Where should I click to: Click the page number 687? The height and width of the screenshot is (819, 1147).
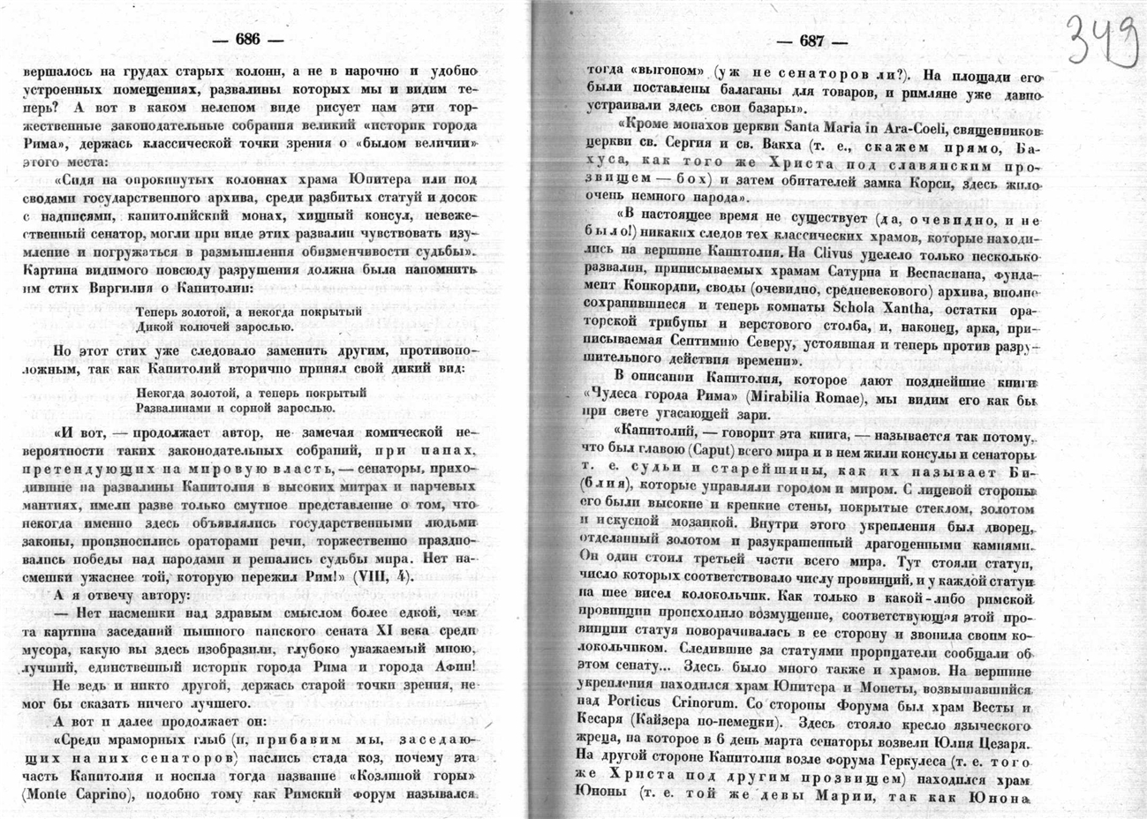pyautogui.click(x=811, y=42)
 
